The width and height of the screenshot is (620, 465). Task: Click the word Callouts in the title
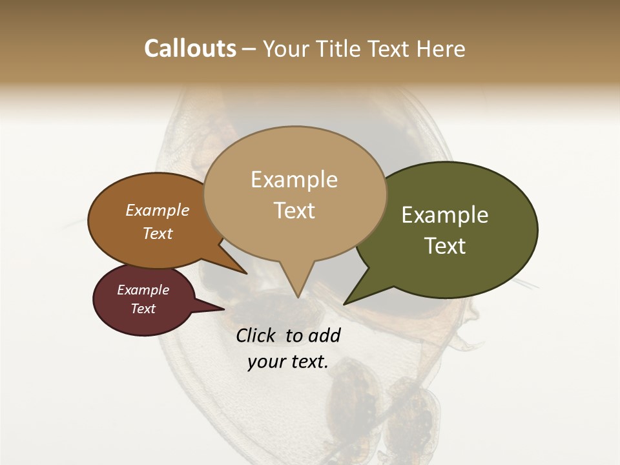[x=190, y=48]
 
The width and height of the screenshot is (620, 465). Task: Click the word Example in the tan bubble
[x=294, y=180]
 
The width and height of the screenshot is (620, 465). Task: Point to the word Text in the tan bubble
[x=294, y=211]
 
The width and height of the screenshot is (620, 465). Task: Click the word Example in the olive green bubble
[x=445, y=215]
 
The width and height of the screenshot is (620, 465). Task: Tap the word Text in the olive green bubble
[x=445, y=246]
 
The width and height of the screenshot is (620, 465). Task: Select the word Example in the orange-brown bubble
[x=158, y=211]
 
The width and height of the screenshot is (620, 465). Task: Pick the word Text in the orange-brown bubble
[x=158, y=233]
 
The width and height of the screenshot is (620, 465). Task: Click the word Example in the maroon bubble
[x=143, y=290]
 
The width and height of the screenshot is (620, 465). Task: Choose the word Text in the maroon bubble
[x=143, y=309]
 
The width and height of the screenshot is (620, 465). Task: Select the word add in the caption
[x=324, y=336]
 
